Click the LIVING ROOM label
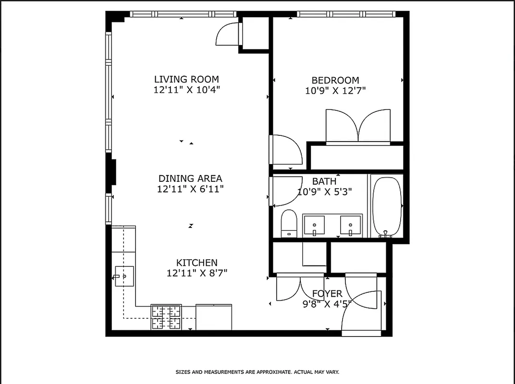point(186,79)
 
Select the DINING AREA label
point(190,179)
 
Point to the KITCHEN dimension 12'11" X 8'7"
point(196,273)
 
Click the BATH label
point(324,181)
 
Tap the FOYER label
point(327,294)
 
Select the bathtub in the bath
point(387,207)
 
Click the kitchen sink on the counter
point(123,276)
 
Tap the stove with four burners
point(167,317)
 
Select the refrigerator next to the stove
point(214,317)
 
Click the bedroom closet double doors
point(358,127)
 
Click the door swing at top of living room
point(228,35)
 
